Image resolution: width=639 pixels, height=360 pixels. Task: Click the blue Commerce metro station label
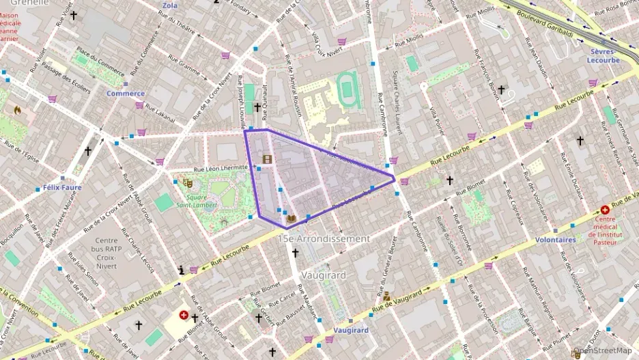126,93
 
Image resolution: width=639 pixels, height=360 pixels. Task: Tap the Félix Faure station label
57,186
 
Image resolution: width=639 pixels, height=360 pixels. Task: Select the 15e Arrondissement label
324,239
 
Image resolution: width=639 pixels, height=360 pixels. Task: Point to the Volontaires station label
554,240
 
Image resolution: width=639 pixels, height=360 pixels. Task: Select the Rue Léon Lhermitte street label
220,167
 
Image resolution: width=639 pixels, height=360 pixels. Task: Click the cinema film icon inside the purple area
267,160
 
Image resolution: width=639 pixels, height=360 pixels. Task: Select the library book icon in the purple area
292,219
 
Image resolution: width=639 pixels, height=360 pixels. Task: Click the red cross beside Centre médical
605,211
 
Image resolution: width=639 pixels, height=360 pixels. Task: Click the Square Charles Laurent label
398,95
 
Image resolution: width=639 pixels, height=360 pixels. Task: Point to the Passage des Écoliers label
66,73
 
